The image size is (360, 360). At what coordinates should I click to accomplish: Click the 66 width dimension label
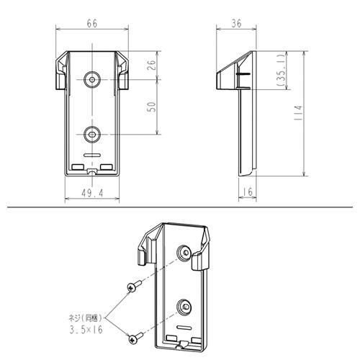point(92,24)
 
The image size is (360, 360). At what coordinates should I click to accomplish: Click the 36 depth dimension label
point(236,24)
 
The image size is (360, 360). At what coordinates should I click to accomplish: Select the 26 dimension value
point(151,65)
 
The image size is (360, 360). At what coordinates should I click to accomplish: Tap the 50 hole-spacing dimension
point(151,107)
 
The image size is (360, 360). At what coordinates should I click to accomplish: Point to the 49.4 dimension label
point(92,193)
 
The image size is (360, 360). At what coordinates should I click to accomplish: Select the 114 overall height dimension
point(298,113)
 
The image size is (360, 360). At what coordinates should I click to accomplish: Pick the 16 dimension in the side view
point(248,192)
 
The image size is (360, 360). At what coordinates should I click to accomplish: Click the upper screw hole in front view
point(92,79)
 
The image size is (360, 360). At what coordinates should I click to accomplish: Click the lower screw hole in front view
point(92,134)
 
